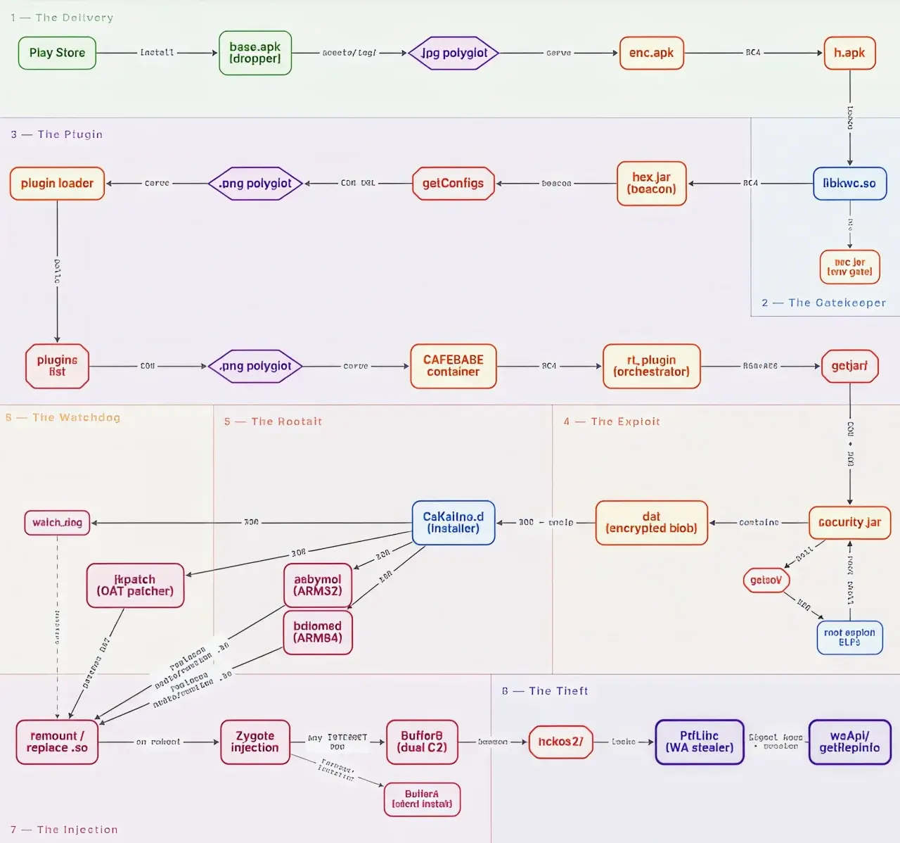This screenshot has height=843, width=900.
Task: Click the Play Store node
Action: (x=57, y=53)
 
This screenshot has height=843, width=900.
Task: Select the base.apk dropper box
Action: (x=255, y=53)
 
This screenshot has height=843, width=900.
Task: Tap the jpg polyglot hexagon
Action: (x=454, y=53)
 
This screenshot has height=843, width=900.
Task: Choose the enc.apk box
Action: (x=651, y=53)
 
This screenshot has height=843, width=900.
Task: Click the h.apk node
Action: (x=849, y=53)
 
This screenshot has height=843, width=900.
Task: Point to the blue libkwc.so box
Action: (x=849, y=184)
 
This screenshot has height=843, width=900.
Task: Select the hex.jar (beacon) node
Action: (x=651, y=184)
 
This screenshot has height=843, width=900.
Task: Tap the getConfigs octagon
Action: (x=453, y=184)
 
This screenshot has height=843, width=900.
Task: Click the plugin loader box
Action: (x=57, y=184)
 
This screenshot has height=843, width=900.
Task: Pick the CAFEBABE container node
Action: (x=453, y=366)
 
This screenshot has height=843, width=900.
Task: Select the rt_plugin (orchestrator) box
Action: (x=651, y=366)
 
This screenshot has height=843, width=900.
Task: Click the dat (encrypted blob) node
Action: (x=651, y=523)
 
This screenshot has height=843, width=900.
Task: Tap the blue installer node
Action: (x=453, y=523)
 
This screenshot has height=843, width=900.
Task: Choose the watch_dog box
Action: (x=57, y=523)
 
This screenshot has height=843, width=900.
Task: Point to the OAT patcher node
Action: (x=135, y=585)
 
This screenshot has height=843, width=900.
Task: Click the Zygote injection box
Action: (x=255, y=742)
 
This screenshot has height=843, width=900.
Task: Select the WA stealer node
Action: (x=699, y=742)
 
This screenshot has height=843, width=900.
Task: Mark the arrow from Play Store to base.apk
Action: (x=157, y=53)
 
